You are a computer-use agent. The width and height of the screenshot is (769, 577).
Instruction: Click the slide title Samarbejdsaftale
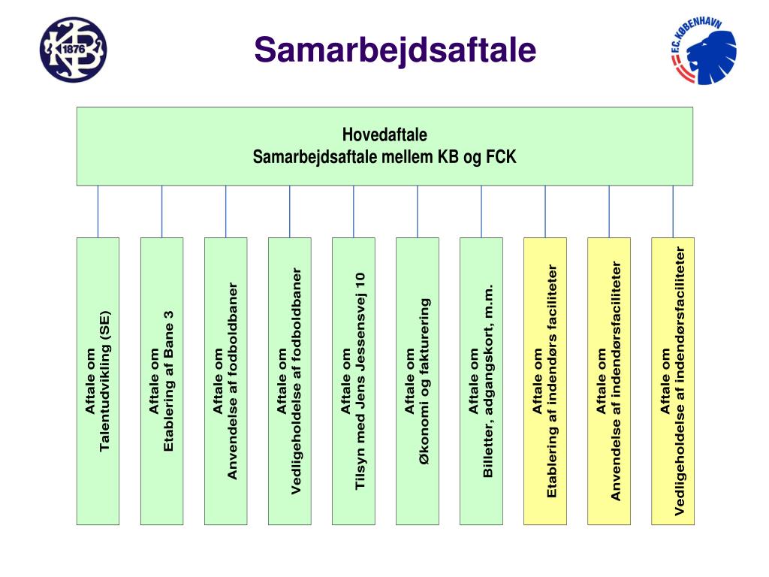point(395,51)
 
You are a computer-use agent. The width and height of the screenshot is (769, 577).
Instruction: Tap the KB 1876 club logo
point(73,50)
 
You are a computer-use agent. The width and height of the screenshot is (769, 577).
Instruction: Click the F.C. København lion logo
point(703,51)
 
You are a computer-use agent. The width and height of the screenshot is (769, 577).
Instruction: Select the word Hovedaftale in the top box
point(384,135)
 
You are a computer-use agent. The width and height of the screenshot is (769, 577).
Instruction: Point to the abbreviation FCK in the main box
point(502,158)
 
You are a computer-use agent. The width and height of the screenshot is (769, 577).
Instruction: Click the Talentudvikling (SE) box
point(98,381)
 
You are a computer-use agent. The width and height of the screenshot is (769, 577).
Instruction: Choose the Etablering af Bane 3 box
point(161,381)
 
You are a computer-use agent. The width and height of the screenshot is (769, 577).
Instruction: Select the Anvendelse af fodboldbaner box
point(225,381)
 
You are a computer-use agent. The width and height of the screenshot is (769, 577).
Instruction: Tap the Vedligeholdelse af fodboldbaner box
point(289,381)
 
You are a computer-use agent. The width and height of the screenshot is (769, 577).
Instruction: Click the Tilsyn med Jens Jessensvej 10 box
point(353,381)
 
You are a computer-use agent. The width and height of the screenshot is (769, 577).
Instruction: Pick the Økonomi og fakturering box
point(417,381)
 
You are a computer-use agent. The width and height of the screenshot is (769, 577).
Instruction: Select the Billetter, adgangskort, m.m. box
point(481,381)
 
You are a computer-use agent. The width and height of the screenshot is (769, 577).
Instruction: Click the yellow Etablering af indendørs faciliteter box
point(545,381)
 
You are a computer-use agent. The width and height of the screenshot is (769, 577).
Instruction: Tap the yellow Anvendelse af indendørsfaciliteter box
point(609,381)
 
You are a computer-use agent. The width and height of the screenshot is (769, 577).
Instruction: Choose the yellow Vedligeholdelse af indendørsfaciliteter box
point(673,381)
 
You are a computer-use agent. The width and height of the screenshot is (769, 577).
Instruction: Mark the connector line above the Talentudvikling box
point(98,211)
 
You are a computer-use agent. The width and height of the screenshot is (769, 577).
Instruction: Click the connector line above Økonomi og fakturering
point(418,211)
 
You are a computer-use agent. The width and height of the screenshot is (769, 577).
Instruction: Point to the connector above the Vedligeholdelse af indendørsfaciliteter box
point(673,211)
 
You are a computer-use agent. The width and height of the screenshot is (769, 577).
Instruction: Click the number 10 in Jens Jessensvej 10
point(360,279)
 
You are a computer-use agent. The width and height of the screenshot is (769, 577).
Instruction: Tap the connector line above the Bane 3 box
point(161,211)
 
